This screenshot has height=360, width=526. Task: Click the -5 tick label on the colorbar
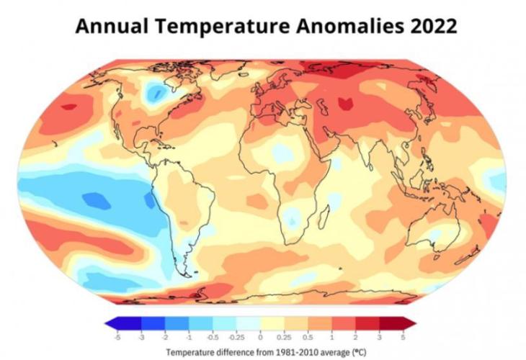click(x=117, y=336)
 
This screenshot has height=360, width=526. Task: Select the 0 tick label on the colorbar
click(x=259, y=336)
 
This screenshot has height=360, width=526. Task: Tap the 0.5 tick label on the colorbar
click(x=307, y=336)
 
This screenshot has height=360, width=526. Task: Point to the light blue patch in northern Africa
click(x=282, y=153)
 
